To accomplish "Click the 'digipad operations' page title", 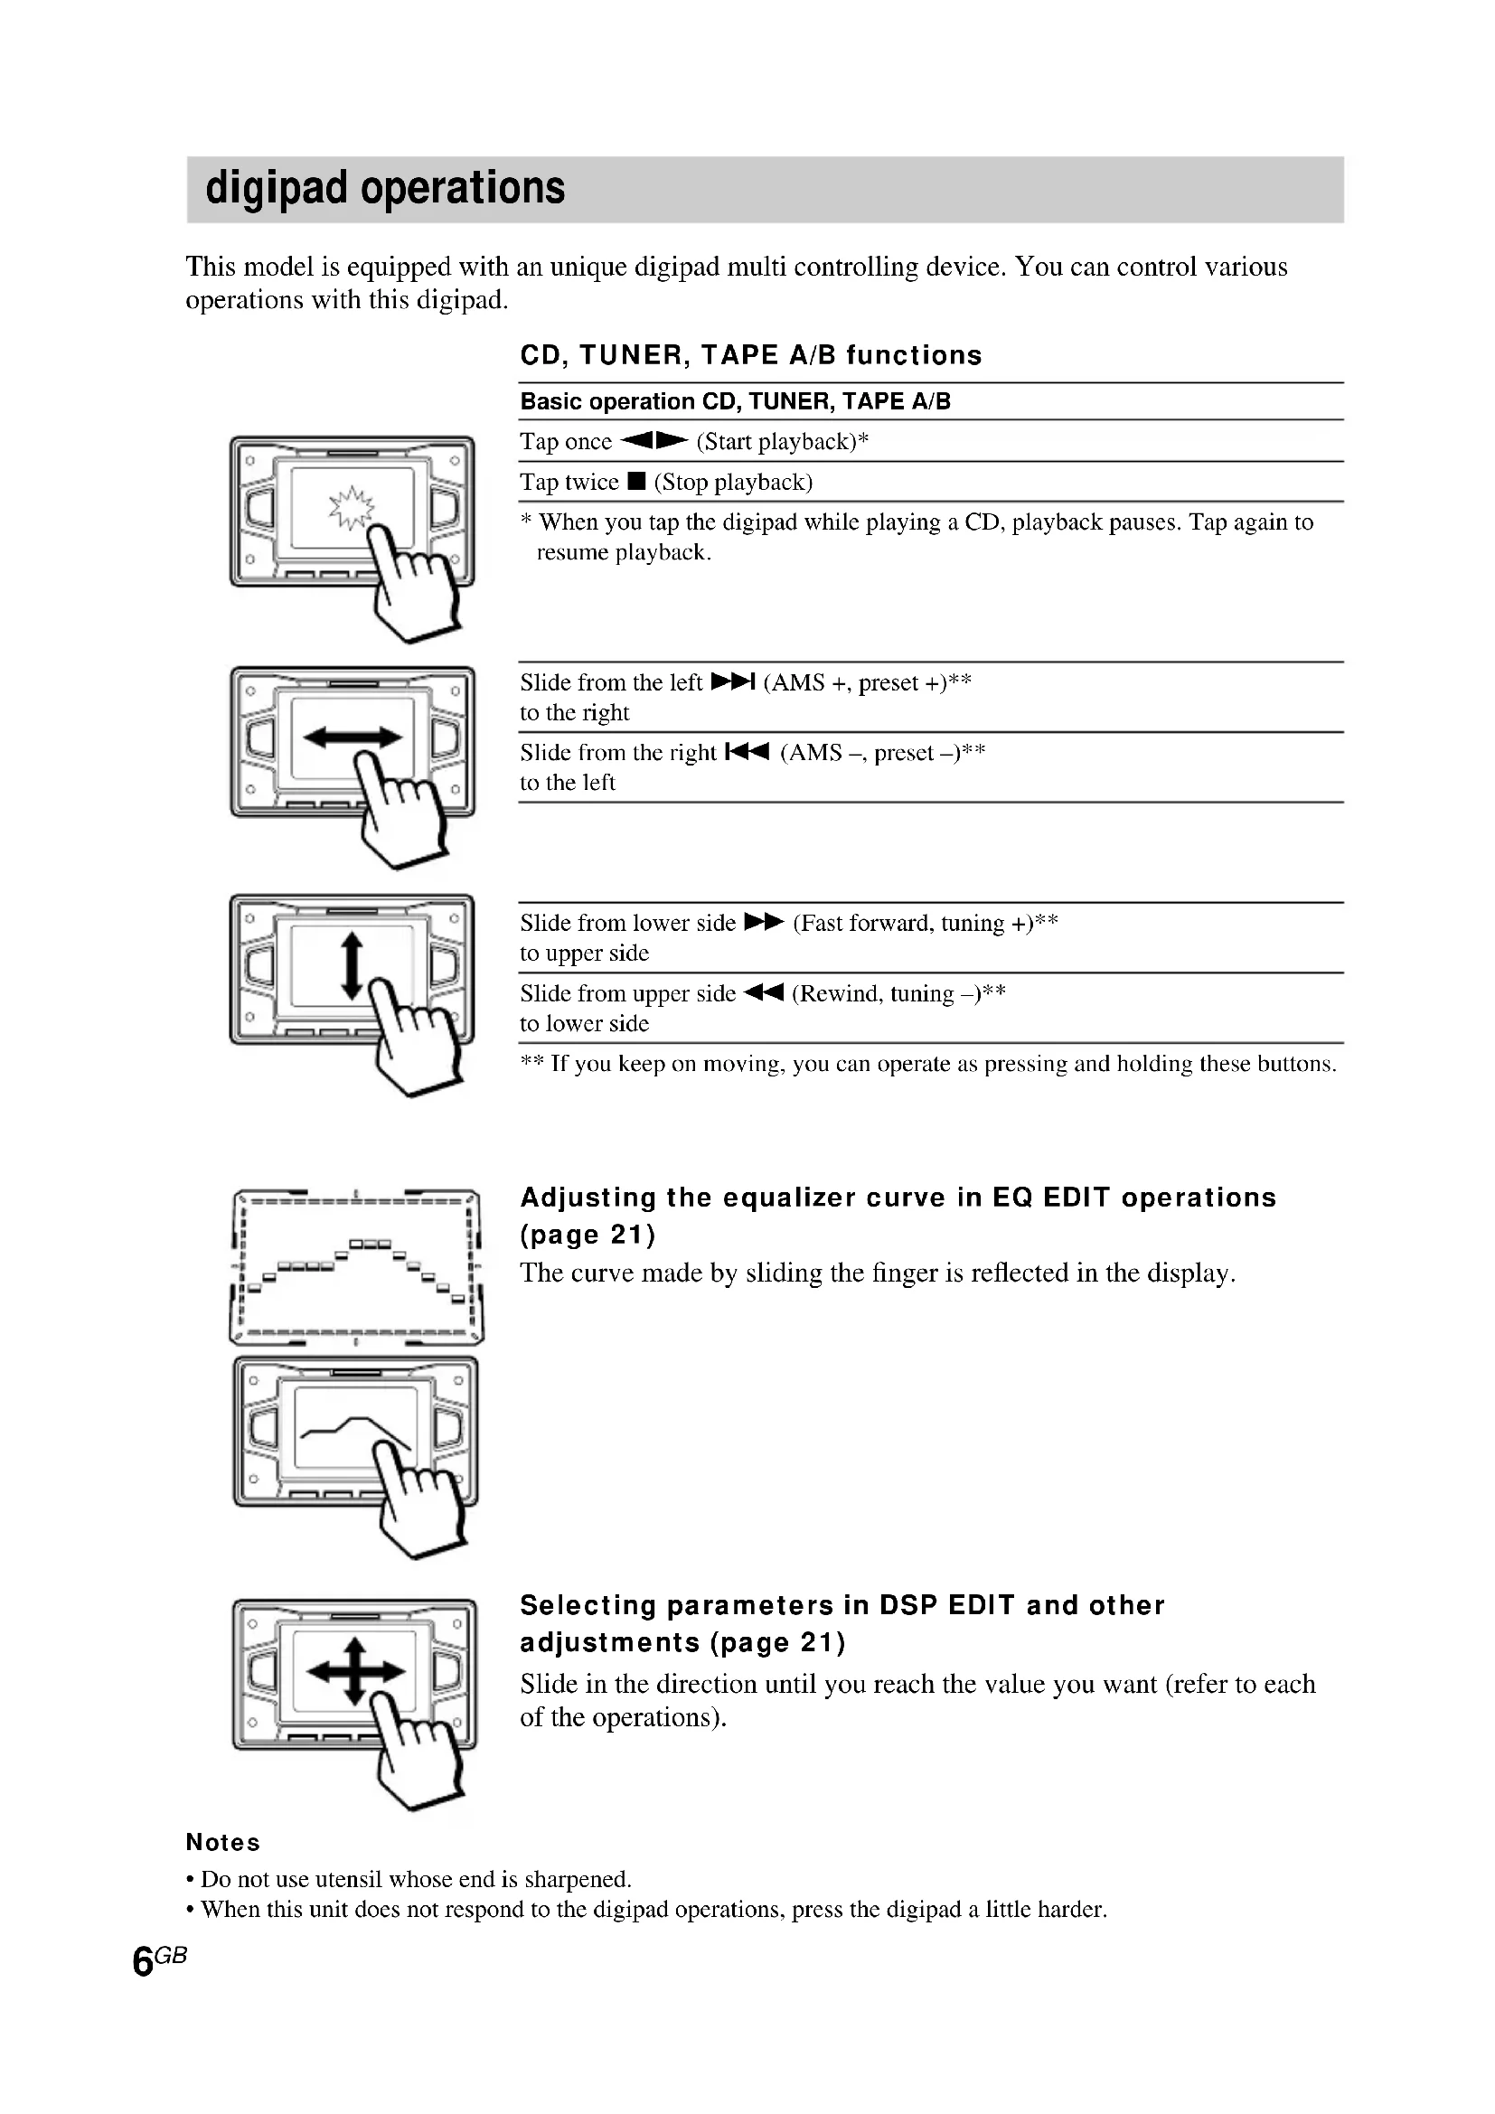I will (385, 188).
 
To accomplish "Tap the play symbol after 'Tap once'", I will (653, 441).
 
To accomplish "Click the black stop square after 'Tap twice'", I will (636, 482).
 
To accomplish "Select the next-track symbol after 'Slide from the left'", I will (733, 682).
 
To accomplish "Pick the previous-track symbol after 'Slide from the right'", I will (747, 752).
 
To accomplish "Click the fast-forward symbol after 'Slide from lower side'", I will (763, 923).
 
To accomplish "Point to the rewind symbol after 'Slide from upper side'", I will (763, 992).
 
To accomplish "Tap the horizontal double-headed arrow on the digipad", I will (353, 737).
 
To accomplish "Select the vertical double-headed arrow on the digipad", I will (352, 964).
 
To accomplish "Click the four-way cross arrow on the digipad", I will (355, 1671).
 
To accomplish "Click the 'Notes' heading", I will (222, 1842).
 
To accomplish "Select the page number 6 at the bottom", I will (143, 1962).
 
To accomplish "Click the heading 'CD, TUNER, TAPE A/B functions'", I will (750, 355).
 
